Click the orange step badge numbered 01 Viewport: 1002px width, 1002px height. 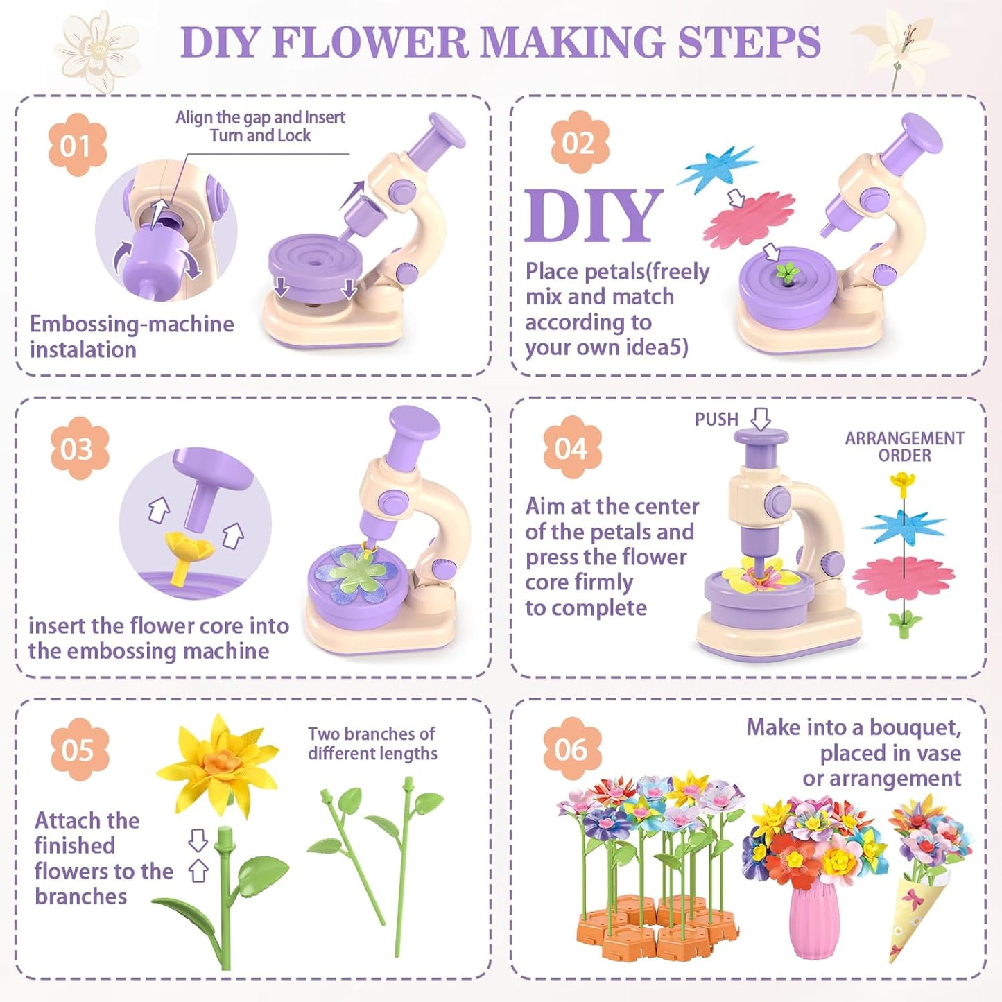tap(77, 146)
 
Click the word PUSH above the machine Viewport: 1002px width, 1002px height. tap(716, 420)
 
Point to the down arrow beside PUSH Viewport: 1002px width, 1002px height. tap(761, 419)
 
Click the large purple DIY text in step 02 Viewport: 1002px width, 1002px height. tap(594, 216)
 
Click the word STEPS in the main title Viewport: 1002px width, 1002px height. tap(749, 43)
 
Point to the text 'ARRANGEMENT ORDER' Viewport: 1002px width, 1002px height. tap(904, 447)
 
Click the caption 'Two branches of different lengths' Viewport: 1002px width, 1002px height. tap(372, 743)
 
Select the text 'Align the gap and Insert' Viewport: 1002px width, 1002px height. tap(260, 117)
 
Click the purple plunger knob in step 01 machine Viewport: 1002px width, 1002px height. tap(445, 130)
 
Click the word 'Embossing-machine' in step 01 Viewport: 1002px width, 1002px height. tap(132, 324)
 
